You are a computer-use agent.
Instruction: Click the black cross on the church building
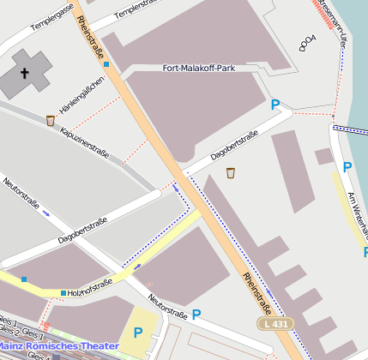pos(25,74)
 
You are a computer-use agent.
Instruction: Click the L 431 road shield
pos(275,323)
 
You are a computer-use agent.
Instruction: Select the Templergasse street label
pos(53,32)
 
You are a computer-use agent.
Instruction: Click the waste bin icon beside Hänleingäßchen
pos(51,121)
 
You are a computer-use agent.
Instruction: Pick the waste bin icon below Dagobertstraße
pos(231,173)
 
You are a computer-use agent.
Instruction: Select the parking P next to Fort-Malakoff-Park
pos(275,105)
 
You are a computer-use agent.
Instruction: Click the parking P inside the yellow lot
pos(137,333)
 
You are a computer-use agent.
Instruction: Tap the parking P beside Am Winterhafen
pos(347,167)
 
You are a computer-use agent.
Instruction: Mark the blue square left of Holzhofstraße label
pos(63,293)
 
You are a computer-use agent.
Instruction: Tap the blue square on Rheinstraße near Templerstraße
pos(106,63)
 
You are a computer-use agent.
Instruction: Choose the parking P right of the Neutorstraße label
pos(196,315)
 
